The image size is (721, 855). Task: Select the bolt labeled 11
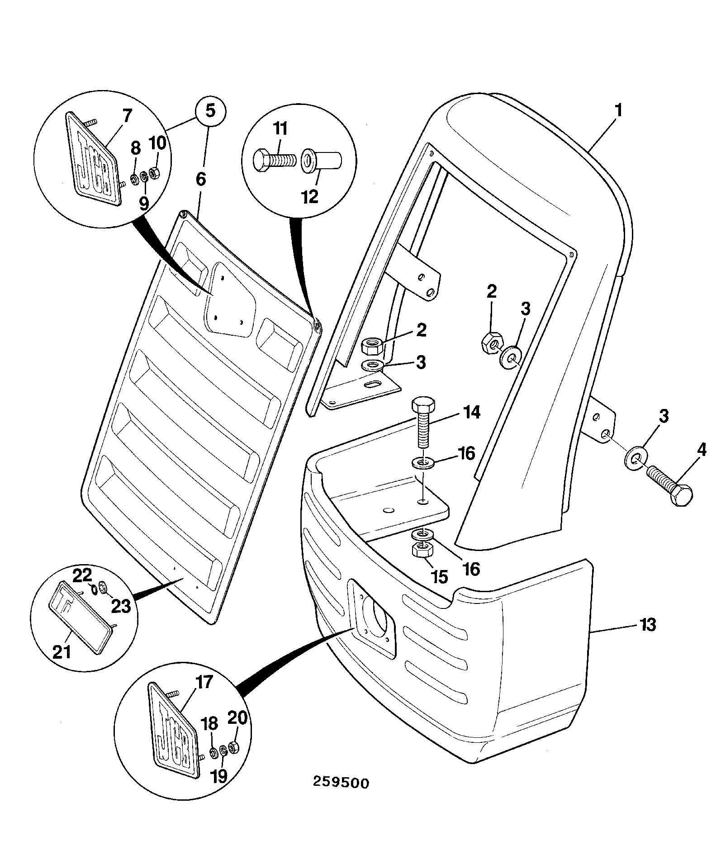pyautogui.click(x=274, y=160)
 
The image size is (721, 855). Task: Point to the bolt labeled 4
pyautogui.click(x=669, y=489)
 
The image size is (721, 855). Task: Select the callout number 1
pyautogui.click(x=617, y=110)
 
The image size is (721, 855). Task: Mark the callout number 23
pyautogui.click(x=121, y=606)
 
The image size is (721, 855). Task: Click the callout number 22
pyautogui.click(x=83, y=575)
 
